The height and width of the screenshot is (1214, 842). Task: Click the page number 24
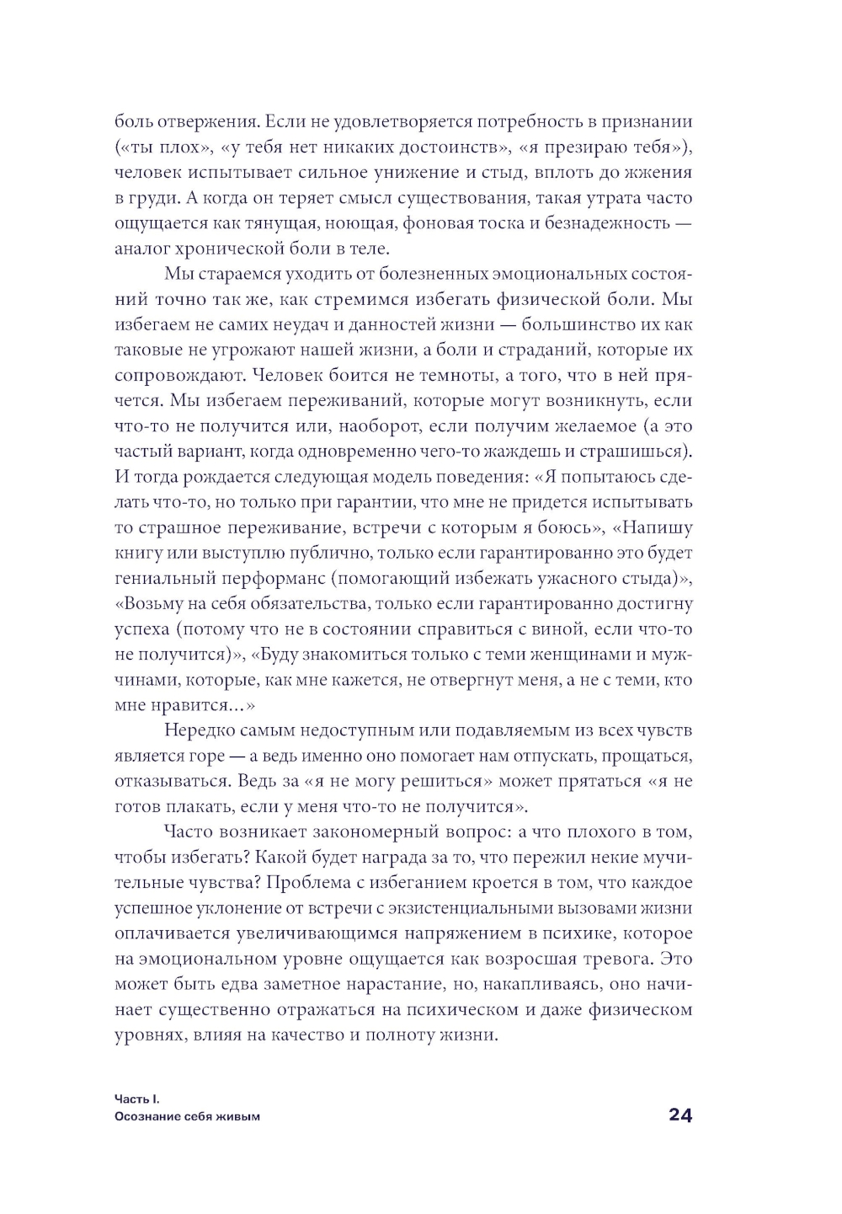pos(679,1115)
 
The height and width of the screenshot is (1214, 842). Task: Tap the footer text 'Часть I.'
pos(136,1099)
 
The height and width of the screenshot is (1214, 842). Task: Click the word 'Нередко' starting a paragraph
pos(199,730)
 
